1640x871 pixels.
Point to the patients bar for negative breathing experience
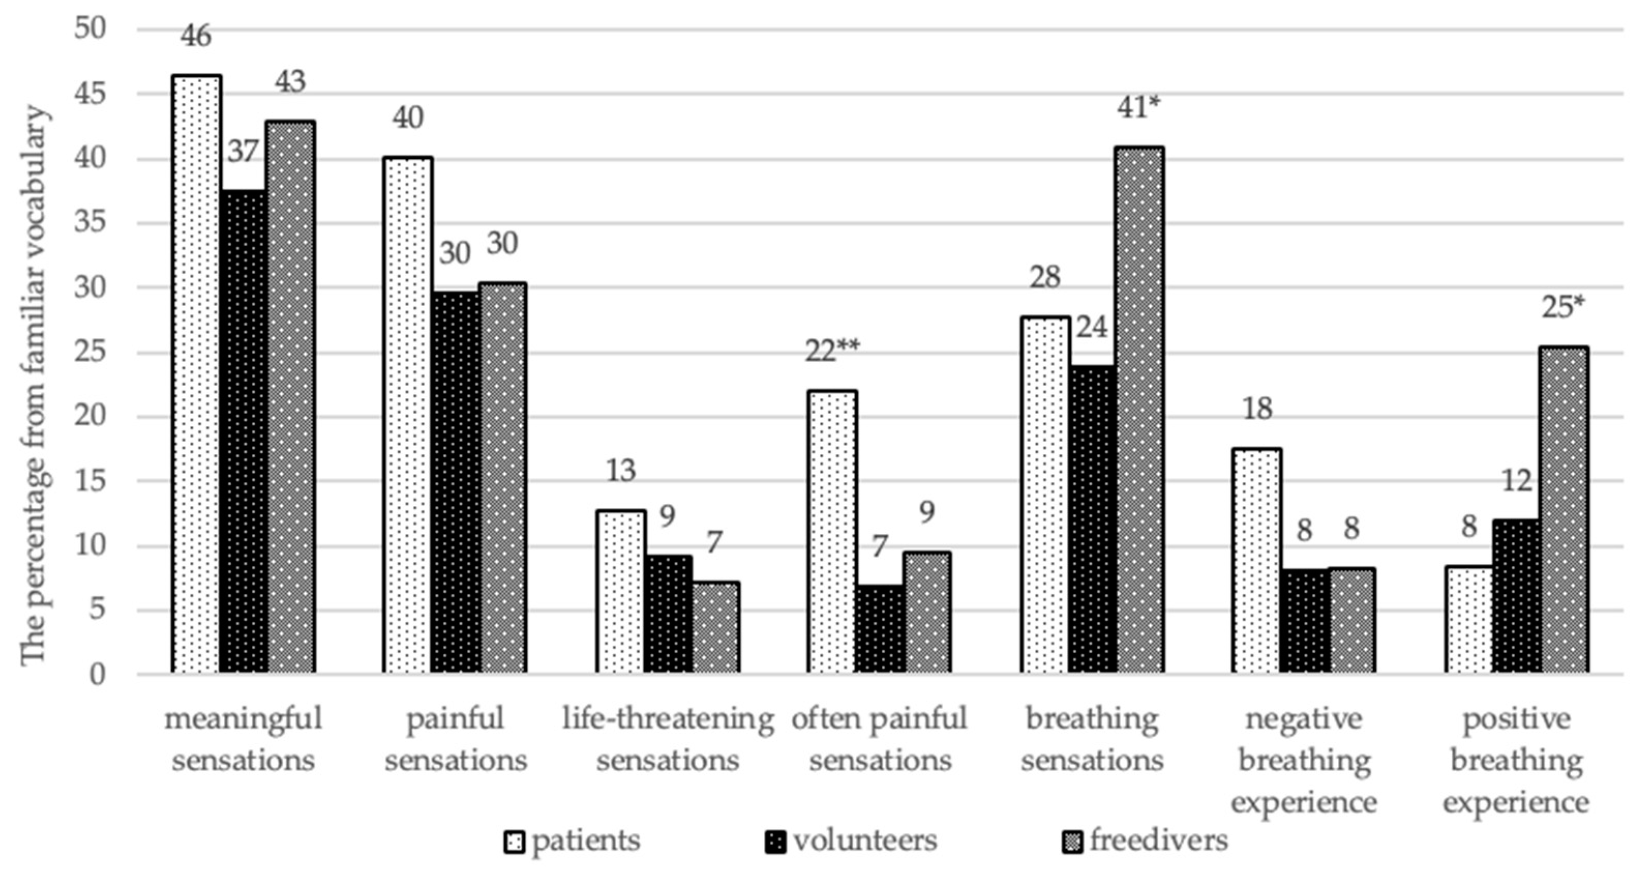(x=1257, y=560)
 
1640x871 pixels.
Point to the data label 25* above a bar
(x=1563, y=308)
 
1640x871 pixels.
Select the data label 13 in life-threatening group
(x=620, y=471)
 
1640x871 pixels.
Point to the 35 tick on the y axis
(x=88, y=223)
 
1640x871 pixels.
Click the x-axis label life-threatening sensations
(x=668, y=739)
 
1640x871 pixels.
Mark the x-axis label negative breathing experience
(x=1303, y=760)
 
